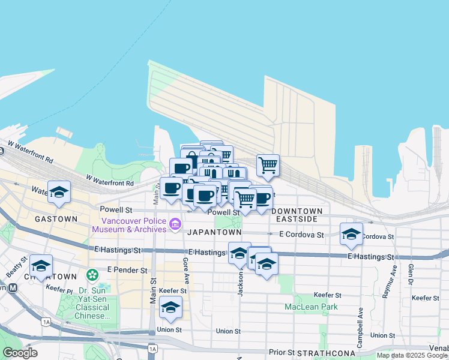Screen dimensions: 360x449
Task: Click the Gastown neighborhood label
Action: tap(56, 219)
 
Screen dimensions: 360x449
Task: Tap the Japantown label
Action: tap(214, 232)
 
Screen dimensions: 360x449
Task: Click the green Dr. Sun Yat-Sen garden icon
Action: tap(92, 275)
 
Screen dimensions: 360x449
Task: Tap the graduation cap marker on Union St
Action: tap(171, 308)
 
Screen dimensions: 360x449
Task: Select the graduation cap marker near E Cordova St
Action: tap(351, 234)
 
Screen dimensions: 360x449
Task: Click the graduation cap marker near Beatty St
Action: tap(41, 266)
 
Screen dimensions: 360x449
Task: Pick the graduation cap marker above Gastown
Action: tap(59, 192)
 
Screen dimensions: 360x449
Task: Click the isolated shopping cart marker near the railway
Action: tap(268, 165)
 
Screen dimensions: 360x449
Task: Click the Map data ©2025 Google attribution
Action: tap(412, 355)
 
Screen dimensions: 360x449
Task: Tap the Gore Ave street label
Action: tap(186, 271)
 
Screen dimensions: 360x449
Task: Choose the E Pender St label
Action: tap(127, 271)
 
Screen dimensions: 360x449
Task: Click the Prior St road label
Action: tap(282, 352)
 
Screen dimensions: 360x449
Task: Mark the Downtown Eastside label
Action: tap(297, 215)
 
